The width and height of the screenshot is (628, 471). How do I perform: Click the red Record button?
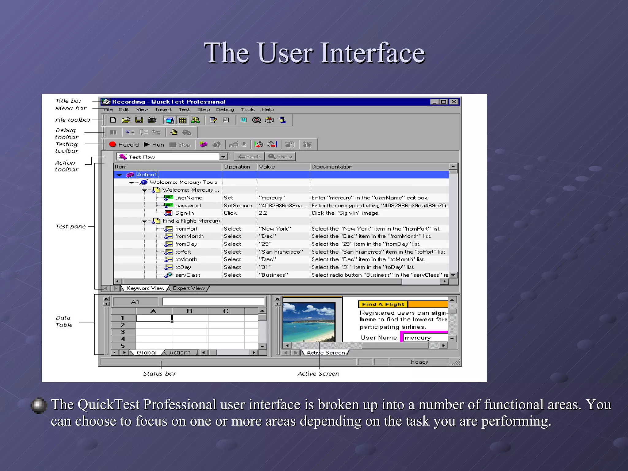pos(124,144)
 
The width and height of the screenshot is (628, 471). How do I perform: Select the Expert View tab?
pos(189,288)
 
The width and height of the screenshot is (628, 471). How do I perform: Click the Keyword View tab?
pos(145,288)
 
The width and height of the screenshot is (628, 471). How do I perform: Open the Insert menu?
pos(163,109)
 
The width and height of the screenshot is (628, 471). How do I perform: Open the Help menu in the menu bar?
pos(267,109)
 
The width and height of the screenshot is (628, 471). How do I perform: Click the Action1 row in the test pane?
pos(147,174)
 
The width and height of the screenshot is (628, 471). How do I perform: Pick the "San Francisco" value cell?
pos(281,252)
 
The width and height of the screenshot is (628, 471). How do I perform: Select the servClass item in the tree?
pos(188,275)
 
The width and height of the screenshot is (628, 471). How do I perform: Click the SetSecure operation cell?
pos(238,205)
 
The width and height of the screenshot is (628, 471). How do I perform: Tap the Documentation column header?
pos(332,167)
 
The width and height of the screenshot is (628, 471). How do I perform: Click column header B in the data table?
pos(190,311)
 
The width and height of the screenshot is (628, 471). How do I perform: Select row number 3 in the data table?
pos(123,332)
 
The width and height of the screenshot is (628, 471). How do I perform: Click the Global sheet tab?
pos(146,353)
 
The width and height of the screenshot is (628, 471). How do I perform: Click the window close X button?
pos(454,102)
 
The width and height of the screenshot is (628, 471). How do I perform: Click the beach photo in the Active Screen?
pos(308,322)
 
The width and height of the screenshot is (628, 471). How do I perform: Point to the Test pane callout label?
pos(71,227)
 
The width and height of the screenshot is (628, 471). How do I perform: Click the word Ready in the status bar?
pos(419,362)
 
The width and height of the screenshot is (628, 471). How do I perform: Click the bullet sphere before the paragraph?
pos(39,405)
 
